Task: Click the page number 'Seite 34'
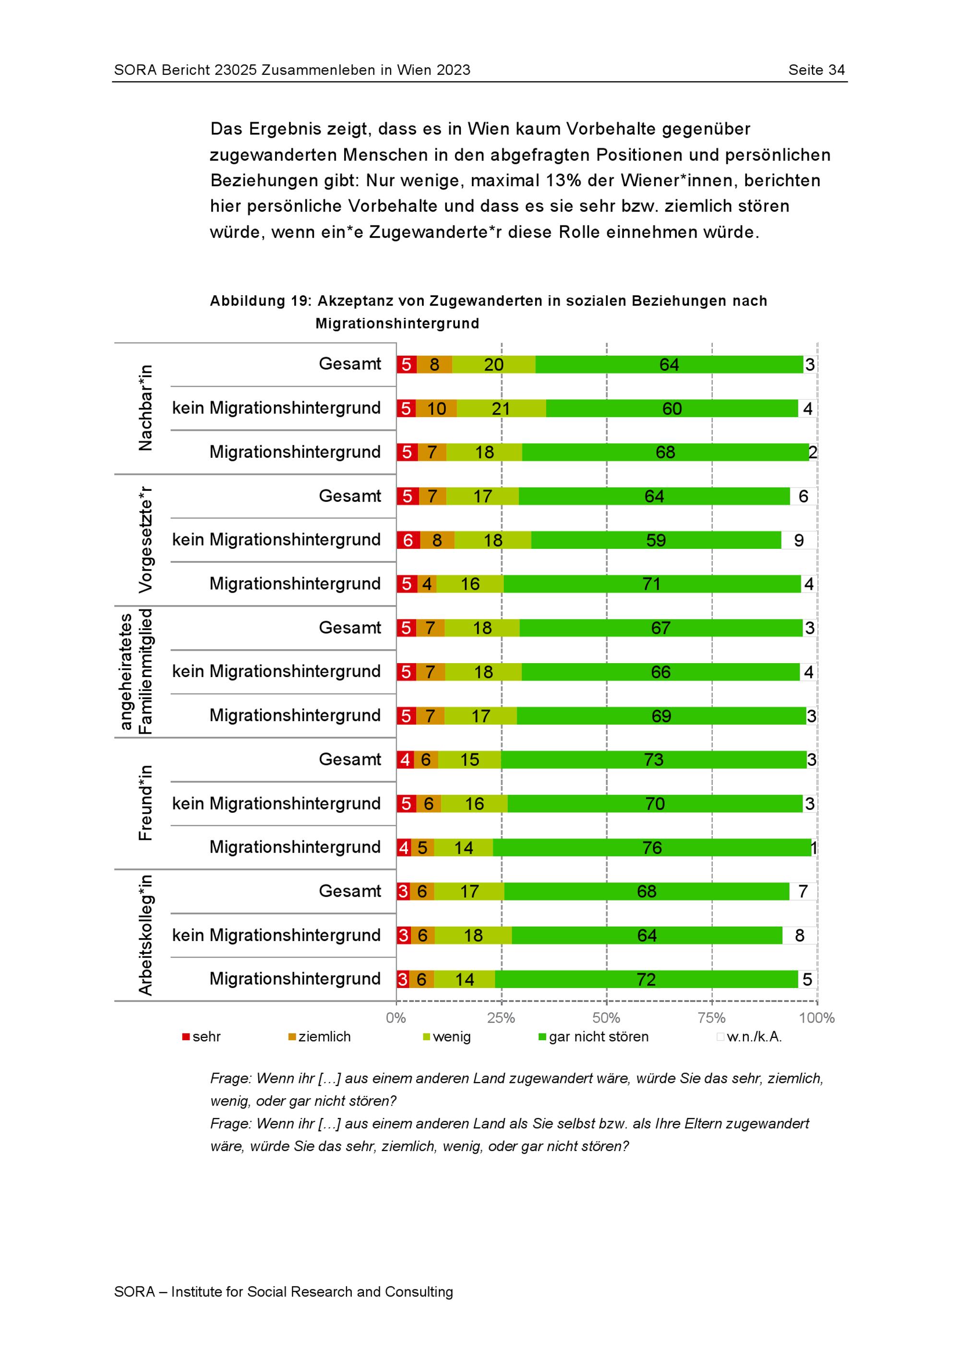(x=816, y=70)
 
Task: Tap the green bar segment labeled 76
(x=652, y=847)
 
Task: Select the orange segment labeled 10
(x=437, y=408)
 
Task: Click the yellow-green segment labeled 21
(x=501, y=408)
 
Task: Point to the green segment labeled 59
(x=656, y=540)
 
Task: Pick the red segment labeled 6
(x=408, y=540)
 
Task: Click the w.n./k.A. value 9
(x=799, y=540)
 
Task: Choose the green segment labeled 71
(x=652, y=584)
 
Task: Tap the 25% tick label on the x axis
(x=501, y=1018)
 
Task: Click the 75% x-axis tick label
(x=712, y=1018)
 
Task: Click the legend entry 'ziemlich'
(x=319, y=1036)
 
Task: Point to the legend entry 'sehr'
(x=202, y=1036)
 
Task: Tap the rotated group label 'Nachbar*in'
(x=145, y=408)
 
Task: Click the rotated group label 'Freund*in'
(x=145, y=803)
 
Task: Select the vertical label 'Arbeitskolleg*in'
(x=145, y=935)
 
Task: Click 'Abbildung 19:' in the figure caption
(x=261, y=301)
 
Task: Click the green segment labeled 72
(x=647, y=979)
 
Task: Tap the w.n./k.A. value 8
(x=800, y=936)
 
